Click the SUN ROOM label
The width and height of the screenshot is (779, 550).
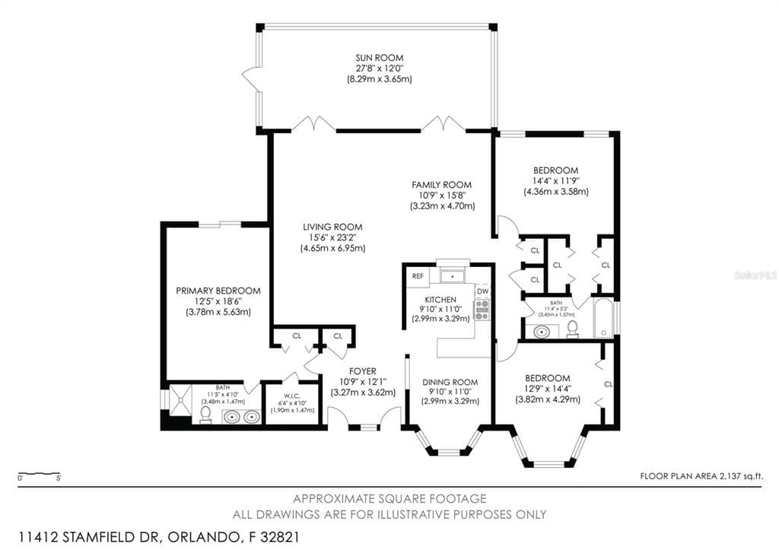(x=379, y=58)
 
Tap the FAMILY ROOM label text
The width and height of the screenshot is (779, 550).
(x=441, y=185)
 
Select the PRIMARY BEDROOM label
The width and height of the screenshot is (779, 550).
(x=218, y=291)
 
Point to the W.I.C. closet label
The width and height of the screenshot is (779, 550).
(x=284, y=395)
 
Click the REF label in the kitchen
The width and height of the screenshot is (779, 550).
(x=418, y=276)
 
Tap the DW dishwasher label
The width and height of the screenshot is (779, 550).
(x=482, y=291)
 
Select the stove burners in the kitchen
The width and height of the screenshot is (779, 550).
(x=482, y=308)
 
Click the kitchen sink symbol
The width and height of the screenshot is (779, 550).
(x=453, y=275)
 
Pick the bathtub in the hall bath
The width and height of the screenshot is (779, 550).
(x=603, y=320)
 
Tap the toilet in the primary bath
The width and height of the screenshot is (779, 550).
(x=205, y=414)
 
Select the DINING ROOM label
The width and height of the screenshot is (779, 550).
(x=450, y=382)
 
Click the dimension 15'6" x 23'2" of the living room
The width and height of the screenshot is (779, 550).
(x=332, y=237)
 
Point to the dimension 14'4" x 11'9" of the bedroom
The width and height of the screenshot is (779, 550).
(x=555, y=181)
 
